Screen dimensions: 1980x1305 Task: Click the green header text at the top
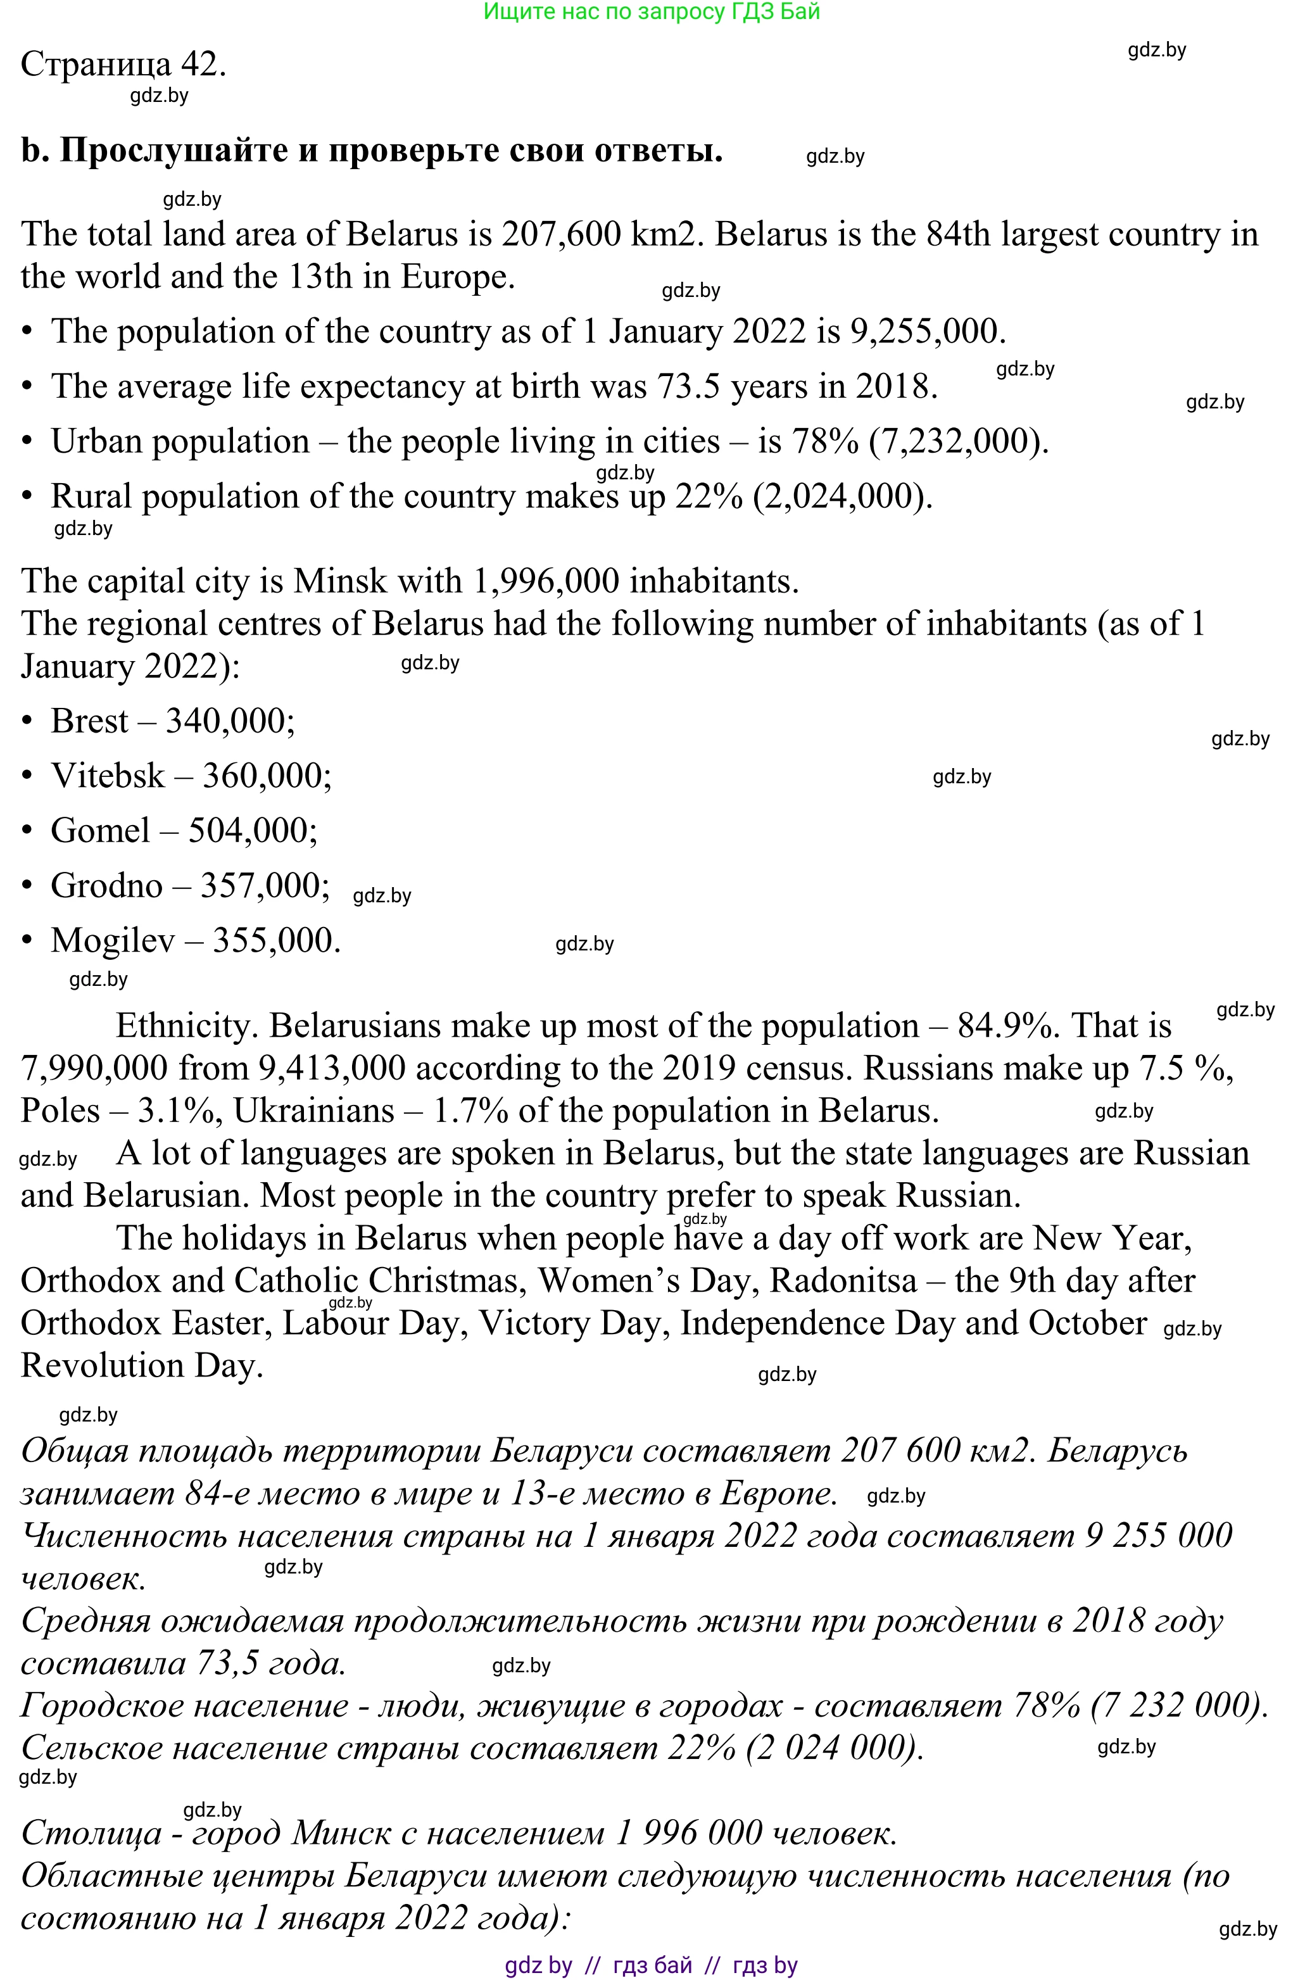(x=652, y=11)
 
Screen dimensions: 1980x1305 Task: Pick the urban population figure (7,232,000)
(x=958, y=441)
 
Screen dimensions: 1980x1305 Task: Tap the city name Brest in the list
(x=89, y=721)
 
